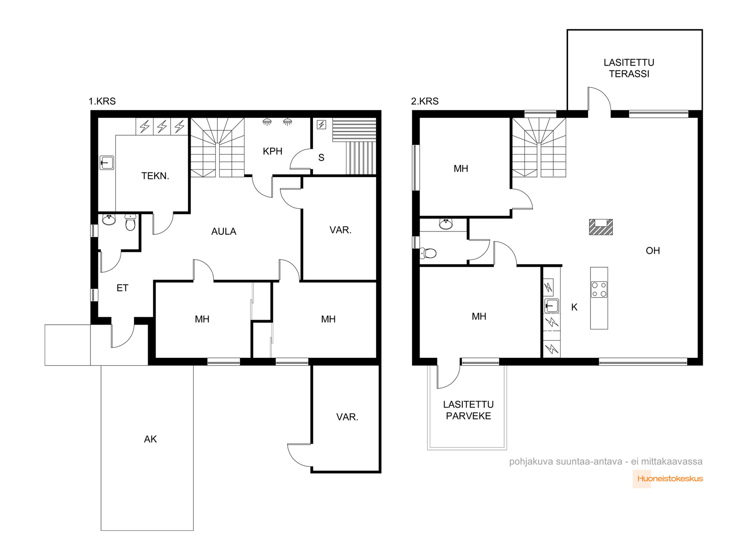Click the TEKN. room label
(155, 176)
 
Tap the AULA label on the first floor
(223, 232)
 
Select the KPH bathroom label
(272, 151)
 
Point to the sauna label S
(321, 157)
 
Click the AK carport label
(150, 439)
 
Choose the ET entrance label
(122, 288)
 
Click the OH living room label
(653, 251)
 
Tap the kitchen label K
(574, 307)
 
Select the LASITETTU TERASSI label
(629, 68)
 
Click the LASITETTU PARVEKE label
(468, 410)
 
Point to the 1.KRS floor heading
(102, 101)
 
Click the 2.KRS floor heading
(425, 101)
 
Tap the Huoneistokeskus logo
(668, 478)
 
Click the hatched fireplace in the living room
(601, 227)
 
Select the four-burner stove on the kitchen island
(599, 289)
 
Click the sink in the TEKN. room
(107, 163)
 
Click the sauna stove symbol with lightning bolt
(321, 125)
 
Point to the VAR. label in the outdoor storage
(347, 417)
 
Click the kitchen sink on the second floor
(552, 306)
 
